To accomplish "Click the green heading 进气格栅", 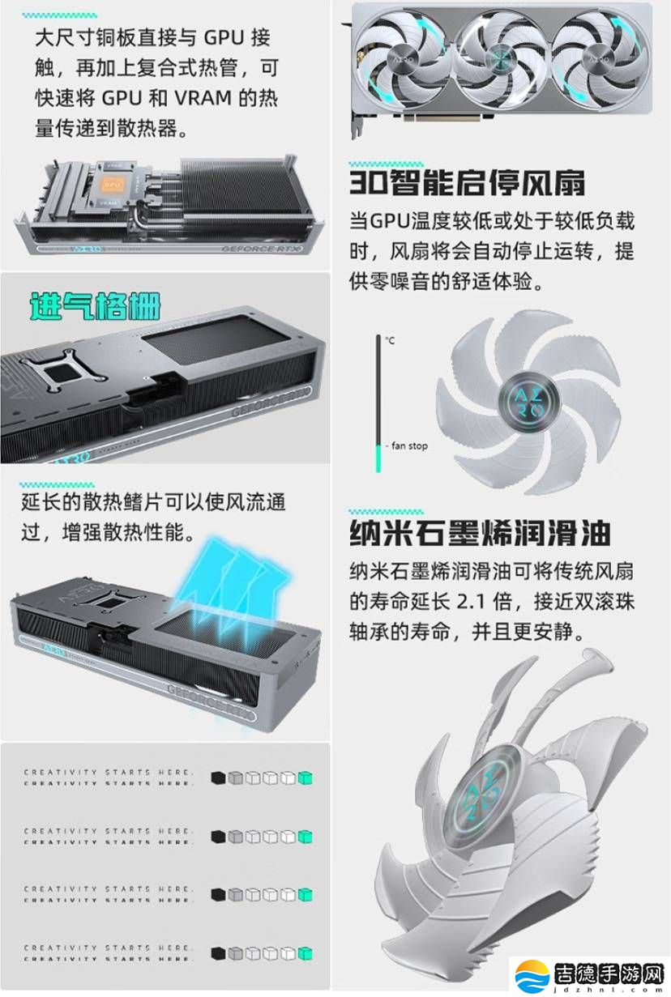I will coord(95,306).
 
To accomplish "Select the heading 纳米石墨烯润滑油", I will coord(479,534).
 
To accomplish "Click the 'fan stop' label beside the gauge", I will coord(408,446).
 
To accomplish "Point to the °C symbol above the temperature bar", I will coord(390,341).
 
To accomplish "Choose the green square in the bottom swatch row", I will coord(306,953).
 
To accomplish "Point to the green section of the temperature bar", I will coord(378,457).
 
